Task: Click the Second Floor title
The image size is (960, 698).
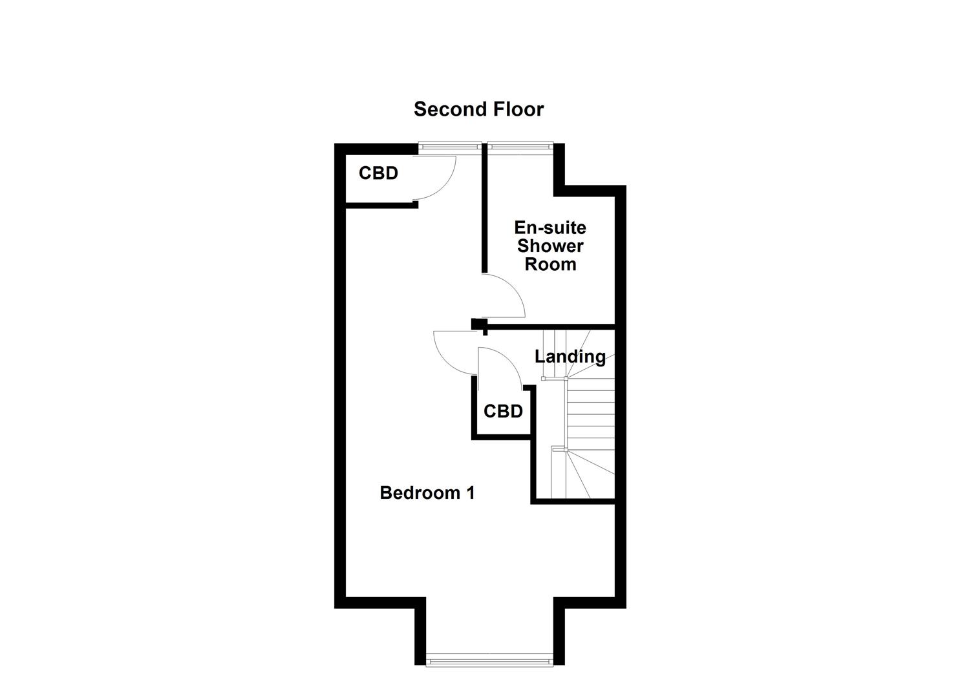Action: (478, 109)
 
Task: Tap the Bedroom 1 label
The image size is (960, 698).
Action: (427, 493)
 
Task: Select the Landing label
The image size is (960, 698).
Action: (570, 357)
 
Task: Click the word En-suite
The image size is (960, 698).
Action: (550, 228)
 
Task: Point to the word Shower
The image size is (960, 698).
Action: (550, 246)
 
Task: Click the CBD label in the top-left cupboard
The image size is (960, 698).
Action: (378, 173)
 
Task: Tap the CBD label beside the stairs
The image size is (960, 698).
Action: (503, 411)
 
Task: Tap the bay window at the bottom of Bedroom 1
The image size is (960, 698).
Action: (490, 661)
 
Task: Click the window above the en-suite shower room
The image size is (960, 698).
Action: (520, 147)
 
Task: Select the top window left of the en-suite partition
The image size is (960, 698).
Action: (450, 147)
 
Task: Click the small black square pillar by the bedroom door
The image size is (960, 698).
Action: (479, 324)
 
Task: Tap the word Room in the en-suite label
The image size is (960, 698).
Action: (550, 264)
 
